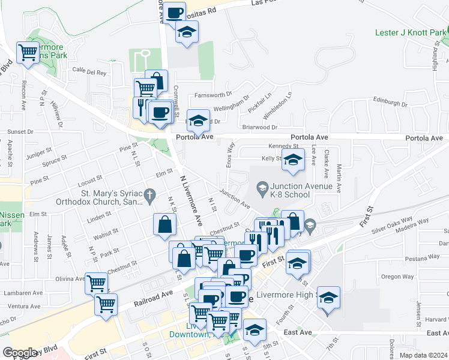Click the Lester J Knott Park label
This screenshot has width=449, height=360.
(412, 32)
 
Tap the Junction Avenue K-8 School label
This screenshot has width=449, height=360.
(301, 190)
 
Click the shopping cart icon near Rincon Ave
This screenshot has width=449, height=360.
(28, 53)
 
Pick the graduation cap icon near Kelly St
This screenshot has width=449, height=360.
(293, 160)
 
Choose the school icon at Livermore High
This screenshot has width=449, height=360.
(328, 298)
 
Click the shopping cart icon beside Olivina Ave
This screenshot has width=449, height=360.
(96, 283)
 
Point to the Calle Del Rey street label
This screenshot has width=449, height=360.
(89, 72)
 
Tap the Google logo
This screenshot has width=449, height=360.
(20, 353)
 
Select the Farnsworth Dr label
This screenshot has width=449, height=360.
(214, 95)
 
